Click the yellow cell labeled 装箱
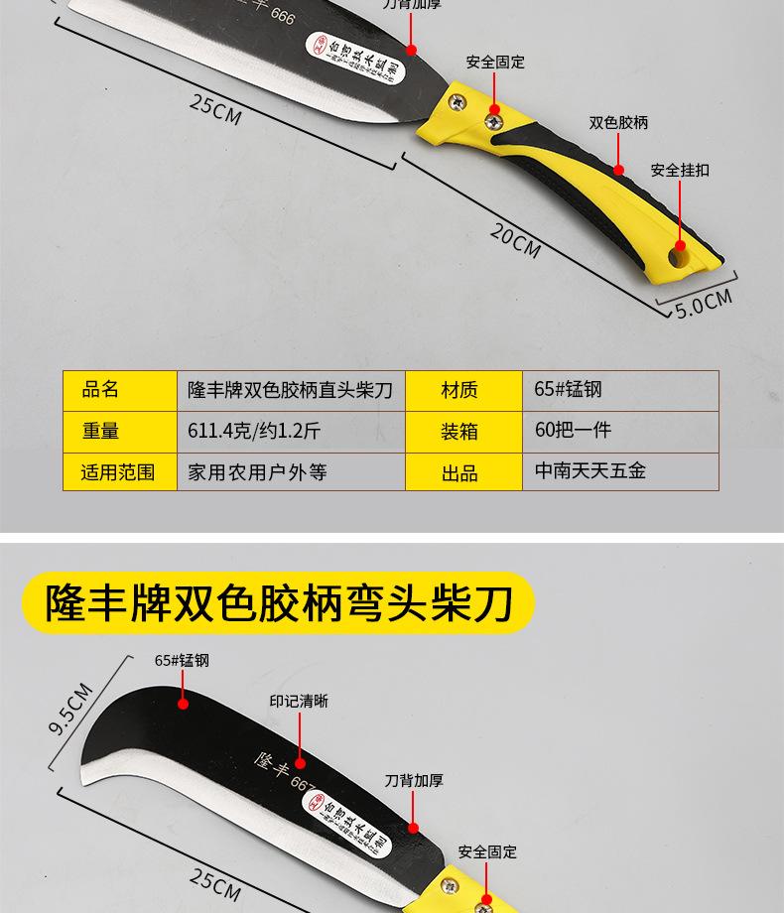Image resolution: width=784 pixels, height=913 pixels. (x=459, y=432)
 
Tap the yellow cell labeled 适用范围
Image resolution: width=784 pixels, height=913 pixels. (x=118, y=472)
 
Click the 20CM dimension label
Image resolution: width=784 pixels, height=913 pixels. (x=515, y=240)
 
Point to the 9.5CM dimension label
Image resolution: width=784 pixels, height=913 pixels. (x=70, y=711)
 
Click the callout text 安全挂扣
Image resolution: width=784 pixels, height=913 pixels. (x=680, y=171)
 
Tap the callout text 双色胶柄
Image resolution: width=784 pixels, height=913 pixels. (x=618, y=123)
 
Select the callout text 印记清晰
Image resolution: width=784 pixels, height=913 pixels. (x=299, y=702)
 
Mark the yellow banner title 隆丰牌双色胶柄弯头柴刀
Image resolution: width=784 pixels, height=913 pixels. (x=279, y=602)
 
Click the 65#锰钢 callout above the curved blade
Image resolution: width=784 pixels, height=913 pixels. (x=182, y=661)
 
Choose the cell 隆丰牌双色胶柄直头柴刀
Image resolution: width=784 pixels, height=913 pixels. (x=291, y=390)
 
